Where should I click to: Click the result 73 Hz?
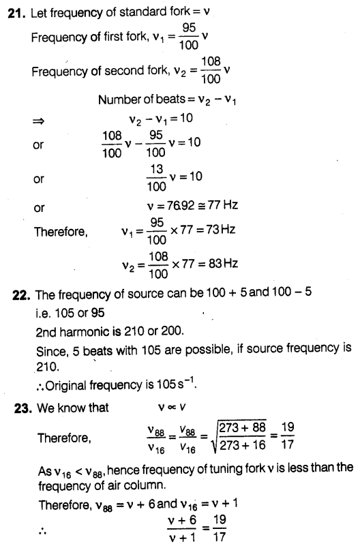coord(221,230)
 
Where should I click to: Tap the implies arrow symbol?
coord(38,121)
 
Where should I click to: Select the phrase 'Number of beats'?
coord(136,100)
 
